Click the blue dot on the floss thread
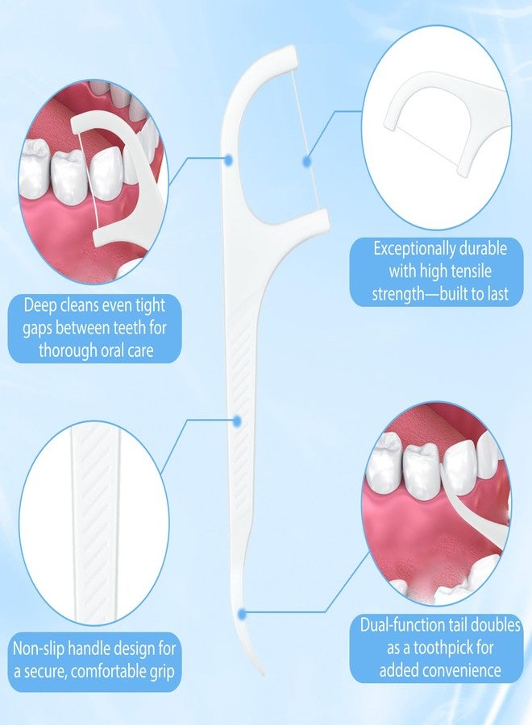[x=306, y=161]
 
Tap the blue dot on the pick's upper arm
[x=228, y=159]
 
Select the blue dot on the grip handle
[x=237, y=420]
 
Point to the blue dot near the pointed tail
[x=242, y=614]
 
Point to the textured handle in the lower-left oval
[x=95, y=523]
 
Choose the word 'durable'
[x=483, y=249]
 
